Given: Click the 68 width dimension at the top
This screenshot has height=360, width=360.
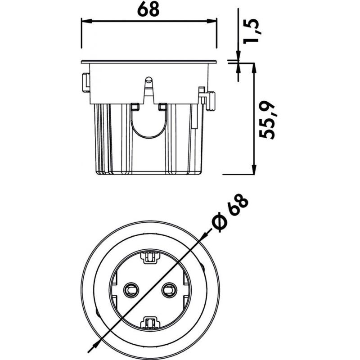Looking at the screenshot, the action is (148, 9).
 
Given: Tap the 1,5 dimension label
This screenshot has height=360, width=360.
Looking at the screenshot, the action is (252, 31).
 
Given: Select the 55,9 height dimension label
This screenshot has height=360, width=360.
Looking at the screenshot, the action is (267, 120).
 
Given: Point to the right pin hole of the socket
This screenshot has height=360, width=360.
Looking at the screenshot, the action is (169, 290).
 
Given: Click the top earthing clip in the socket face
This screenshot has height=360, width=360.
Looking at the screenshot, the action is (150, 257).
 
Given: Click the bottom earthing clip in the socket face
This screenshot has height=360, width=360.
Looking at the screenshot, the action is (150, 322).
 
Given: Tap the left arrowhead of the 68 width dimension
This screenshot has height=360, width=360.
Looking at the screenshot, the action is (86, 21).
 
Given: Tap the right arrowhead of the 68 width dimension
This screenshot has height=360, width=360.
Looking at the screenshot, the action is (211, 21).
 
